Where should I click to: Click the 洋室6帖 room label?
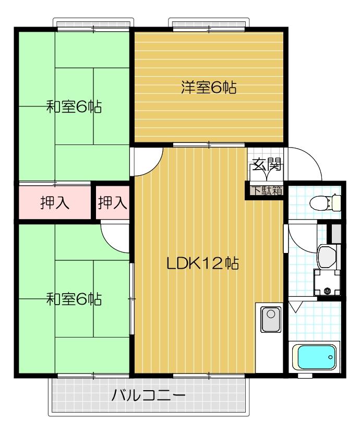point(209,88)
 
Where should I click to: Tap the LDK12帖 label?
point(202,263)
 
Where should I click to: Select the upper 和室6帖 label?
point(74,107)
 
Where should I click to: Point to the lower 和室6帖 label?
point(74,299)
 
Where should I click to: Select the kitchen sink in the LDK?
point(270,319)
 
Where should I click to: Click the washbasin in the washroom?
point(327,256)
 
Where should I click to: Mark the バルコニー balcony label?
point(148,395)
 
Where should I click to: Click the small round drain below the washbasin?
point(328,291)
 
